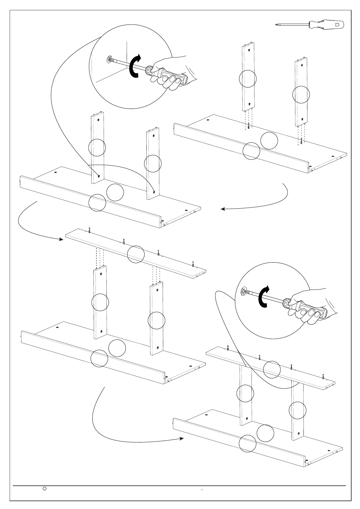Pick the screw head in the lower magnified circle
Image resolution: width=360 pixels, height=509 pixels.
click(242, 292)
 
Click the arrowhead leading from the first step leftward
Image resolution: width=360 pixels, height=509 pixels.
click(222, 209)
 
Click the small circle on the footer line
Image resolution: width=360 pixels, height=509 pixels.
click(44, 488)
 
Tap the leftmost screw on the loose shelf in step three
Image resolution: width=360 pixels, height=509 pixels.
click(89, 230)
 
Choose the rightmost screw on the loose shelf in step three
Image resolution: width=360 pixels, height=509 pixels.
click(193, 264)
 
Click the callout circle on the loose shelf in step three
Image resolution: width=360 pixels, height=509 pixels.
click(136, 254)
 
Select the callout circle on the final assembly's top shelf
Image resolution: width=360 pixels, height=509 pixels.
click(272, 369)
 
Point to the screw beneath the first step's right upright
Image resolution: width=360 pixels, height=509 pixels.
click(301, 141)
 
